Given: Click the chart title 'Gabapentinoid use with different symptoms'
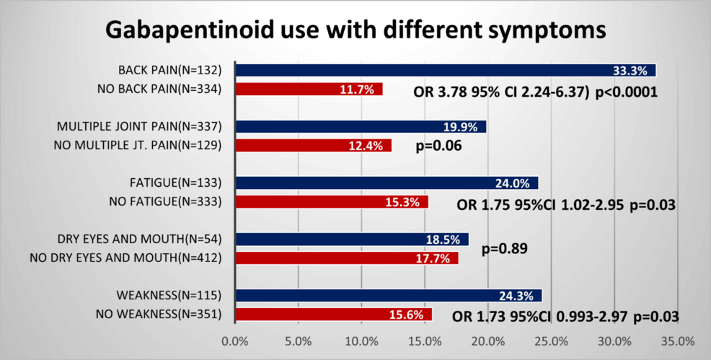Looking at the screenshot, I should tap(355, 31).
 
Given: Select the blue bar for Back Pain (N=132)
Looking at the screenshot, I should tap(446, 70).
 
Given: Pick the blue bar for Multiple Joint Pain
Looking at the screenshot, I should tap(361, 127).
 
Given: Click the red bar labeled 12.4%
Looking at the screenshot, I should tap(313, 146).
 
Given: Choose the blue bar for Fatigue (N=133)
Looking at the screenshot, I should tap(387, 183).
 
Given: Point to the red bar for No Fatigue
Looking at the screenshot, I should tap(332, 202).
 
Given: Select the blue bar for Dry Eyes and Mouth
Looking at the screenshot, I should tap(352, 239).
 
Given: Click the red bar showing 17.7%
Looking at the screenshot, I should tap(347, 258).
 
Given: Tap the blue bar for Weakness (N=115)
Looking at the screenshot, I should tap(388, 295).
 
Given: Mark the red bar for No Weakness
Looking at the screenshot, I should tap(333, 315).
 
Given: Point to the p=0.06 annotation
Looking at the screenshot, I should tap(439, 147).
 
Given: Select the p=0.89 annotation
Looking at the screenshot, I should tap(504, 249).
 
